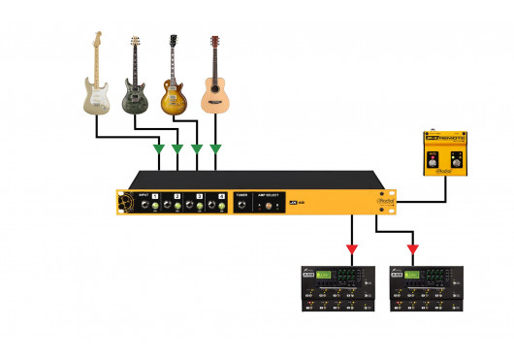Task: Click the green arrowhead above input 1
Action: click(158, 148)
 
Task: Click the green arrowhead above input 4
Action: click(214, 148)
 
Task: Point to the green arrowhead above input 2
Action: click(177, 148)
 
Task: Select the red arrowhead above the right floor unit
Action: click(412, 249)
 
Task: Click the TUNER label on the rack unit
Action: click(241, 195)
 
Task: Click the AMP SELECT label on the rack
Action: click(271, 195)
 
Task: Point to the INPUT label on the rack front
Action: click(144, 195)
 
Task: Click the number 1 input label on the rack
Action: click(154, 195)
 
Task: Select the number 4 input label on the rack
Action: click(221, 195)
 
